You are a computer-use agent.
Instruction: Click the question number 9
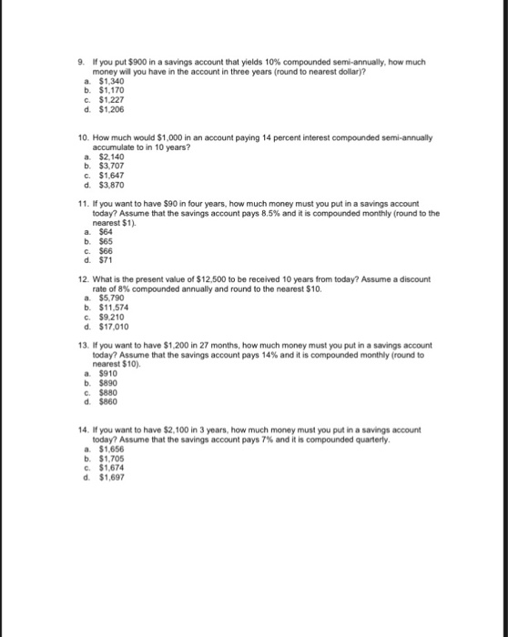81,61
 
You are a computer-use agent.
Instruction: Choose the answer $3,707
111,165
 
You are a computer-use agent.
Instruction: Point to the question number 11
83,206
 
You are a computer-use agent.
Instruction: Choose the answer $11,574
114,308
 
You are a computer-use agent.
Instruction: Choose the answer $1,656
111,445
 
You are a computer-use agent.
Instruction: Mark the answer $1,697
111,471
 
